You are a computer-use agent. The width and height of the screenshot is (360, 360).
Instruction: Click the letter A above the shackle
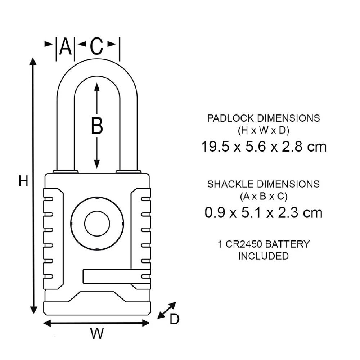[x=65, y=47]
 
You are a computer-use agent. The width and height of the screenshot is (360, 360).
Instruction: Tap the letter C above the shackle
[x=96, y=47]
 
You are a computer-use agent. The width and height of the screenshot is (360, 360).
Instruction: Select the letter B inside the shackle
[x=96, y=126]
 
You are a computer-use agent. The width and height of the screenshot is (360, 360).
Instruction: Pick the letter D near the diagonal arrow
[x=174, y=319]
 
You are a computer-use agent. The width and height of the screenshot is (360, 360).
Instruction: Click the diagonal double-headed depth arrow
[x=167, y=310]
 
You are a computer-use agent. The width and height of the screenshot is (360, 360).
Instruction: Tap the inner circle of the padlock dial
[x=97, y=224]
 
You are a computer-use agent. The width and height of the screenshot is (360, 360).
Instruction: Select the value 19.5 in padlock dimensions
[x=215, y=147]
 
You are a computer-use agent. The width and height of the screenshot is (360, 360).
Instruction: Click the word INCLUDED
[x=263, y=256]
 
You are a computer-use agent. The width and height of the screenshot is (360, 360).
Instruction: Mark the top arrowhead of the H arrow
[x=33, y=61]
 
